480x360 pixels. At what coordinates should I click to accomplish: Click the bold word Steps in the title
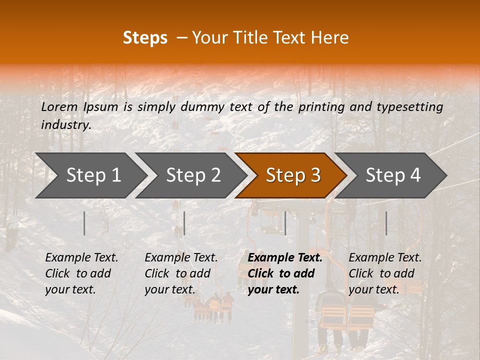(x=145, y=38)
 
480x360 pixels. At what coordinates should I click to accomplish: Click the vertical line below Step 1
(x=84, y=223)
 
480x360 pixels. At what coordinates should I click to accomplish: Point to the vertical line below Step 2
(x=184, y=223)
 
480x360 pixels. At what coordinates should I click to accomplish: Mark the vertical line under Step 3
(x=285, y=223)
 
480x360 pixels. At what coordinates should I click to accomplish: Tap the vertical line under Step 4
(x=386, y=223)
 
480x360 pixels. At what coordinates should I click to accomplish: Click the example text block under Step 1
(x=81, y=273)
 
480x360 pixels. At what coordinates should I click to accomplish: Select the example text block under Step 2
(x=181, y=273)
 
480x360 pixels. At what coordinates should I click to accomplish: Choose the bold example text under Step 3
(x=285, y=273)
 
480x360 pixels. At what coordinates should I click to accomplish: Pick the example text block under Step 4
(x=385, y=273)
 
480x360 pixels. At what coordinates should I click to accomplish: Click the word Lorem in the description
(x=59, y=106)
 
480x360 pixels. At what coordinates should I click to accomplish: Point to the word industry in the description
(x=65, y=124)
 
